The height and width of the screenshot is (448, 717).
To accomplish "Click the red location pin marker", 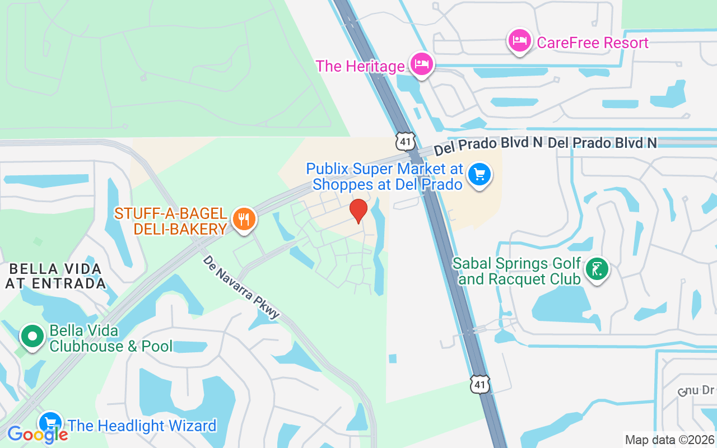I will pyautogui.click(x=358, y=211).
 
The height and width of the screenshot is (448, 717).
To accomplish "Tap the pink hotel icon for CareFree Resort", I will pyautogui.click(x=519, y=41).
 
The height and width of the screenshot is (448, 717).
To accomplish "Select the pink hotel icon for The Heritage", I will pyautogui.click(x=421, y=64).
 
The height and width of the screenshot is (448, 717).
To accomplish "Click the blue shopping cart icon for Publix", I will pyautogui.click(x=479, y=174).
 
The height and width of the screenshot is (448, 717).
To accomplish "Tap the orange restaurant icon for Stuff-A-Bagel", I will pyautogui.click(x=244, y=219).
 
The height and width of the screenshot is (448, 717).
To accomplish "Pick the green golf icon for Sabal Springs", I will pyautogui.click(x=597, y=269).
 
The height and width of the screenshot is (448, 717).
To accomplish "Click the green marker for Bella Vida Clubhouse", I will pyautogui.click(x=32, y=337).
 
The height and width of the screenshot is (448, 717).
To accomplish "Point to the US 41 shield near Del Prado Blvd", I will pyautogui.click(x=405, y=141).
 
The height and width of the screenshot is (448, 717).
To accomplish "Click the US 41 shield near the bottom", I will pyautogui.click(x=480, y=384).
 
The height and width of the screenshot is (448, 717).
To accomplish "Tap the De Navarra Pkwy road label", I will pyautogui.click(x=241, y=287).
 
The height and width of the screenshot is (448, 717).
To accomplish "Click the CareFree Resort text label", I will pyautogui.click(x=592, y=43).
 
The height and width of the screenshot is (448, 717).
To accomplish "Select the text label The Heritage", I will pyautogui.click(x=360, y=66).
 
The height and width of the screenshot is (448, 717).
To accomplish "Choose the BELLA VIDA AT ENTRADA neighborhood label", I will pyautogui.click(x=55, y=276).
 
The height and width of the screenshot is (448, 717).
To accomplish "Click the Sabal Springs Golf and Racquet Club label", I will pyautogui.click(x=516, y=271).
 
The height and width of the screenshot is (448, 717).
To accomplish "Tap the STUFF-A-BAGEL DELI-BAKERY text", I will pyautogui.click(x=171, y=221).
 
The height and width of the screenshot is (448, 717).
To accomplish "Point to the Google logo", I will pyautogui.click(x=37, y=434).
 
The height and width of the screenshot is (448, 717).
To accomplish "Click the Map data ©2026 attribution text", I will pyautogui.click(x=669, y=440).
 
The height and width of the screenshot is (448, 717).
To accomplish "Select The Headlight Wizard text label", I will pyautogui.click(x=142, y=426).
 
